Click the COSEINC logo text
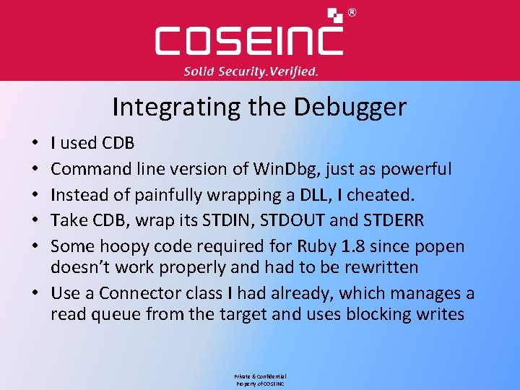coord(249,40)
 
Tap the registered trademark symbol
coord(352,12)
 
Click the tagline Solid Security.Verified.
coord(251,71)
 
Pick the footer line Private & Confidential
coord(260,377)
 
